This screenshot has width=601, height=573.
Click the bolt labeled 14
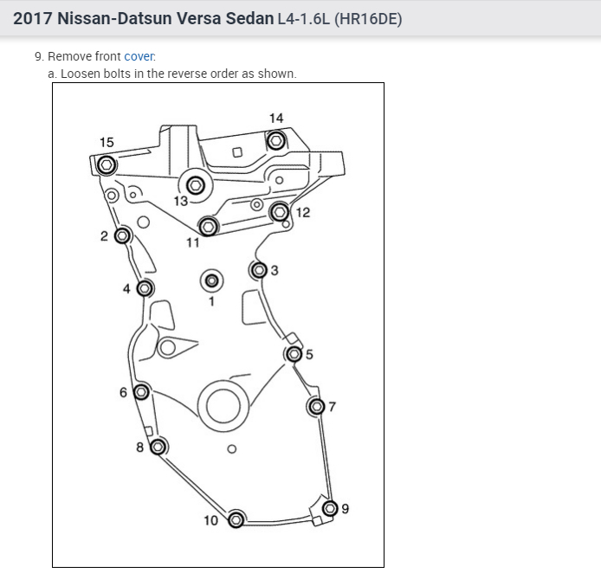(x=276, y=140)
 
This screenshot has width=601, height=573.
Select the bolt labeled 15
(x=107, y=165)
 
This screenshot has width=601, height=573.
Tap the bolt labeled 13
(x=196, y=186)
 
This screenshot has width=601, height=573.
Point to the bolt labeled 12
(x=280, y=212)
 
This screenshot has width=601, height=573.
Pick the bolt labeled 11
(x=209, y=227)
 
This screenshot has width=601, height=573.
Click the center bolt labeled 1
(x=211, y=280)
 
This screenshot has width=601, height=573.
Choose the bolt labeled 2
(x=123, y=235)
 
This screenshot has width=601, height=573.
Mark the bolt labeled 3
(x=259, y=270)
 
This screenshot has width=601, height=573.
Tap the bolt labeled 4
(x=145, y=288)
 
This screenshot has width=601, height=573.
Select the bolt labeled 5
(x=294, y=354)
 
